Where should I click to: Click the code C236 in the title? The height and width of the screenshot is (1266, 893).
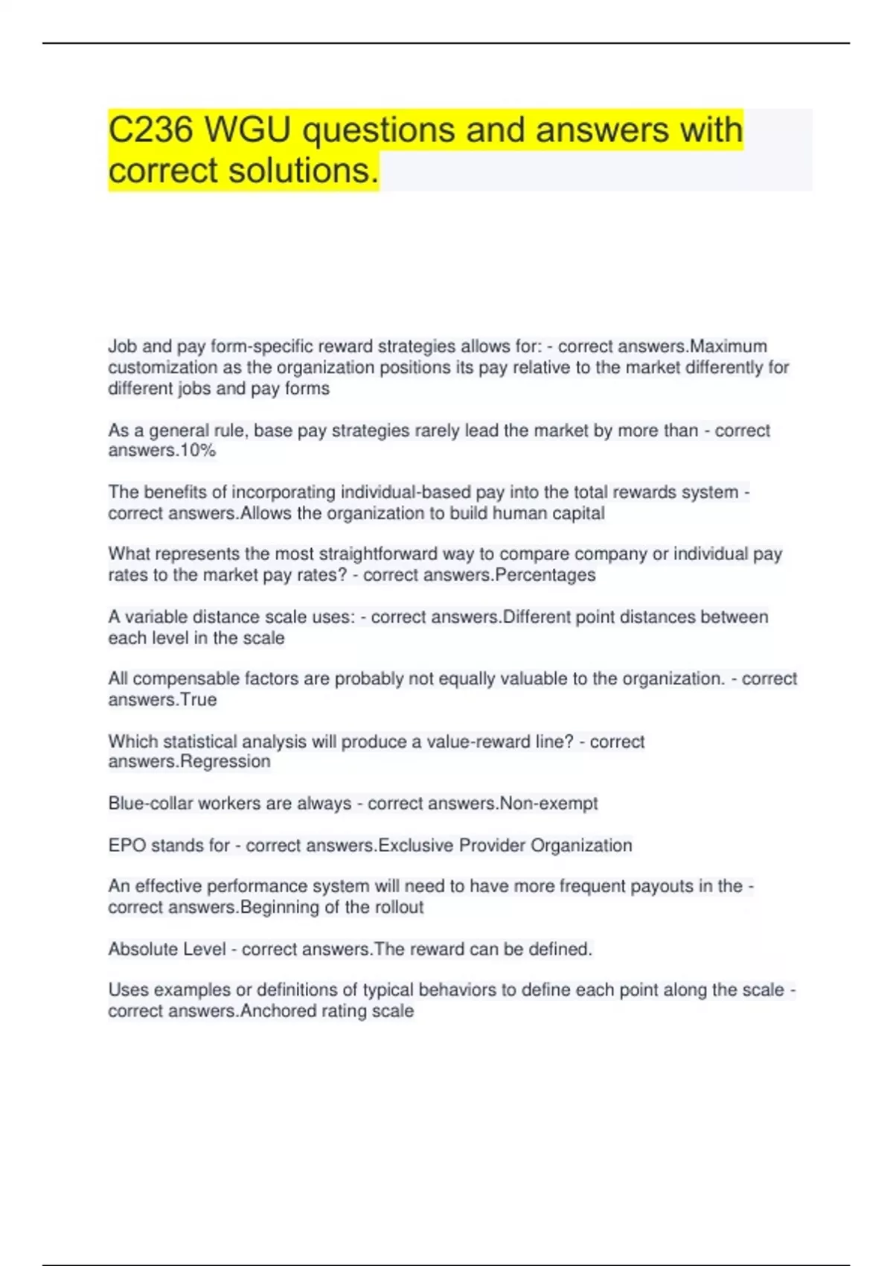151,130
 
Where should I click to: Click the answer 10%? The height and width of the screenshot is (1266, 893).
198,451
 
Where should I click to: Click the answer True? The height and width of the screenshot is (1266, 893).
199,699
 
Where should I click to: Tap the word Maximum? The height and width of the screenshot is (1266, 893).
729,346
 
